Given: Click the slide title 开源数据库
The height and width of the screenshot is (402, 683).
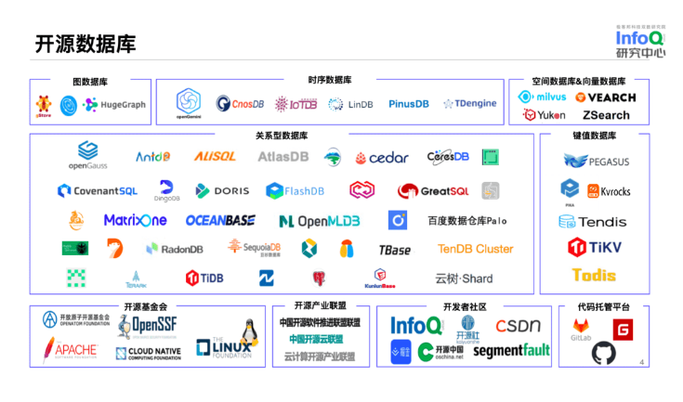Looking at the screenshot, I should (85, 44).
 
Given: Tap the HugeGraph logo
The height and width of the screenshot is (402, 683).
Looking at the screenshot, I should (115, 105).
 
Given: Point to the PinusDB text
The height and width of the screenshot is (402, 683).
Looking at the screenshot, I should (408, 104).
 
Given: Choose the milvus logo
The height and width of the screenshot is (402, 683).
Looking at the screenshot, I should (545, 97).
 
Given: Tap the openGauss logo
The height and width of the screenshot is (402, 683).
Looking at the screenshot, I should (87, 155).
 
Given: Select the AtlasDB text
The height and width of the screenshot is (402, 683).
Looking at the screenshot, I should (282, 157).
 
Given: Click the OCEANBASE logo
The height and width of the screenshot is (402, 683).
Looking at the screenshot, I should (220, 221).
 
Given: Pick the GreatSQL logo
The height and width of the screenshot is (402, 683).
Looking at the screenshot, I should (433, 191).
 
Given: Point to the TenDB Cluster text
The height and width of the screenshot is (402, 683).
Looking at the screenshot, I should (475, 249).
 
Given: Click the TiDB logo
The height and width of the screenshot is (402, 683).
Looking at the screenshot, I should (204, 278).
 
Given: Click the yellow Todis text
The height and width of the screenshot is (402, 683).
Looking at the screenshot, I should (594, 275).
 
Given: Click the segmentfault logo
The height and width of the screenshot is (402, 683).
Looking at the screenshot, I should (511, 351).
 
